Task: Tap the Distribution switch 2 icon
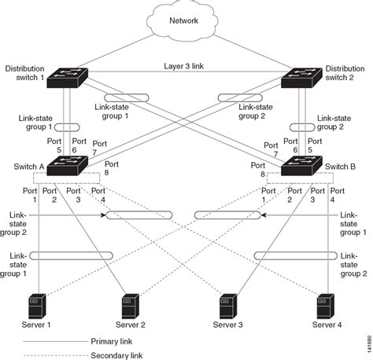point(305,78)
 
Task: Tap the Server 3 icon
point(227,302)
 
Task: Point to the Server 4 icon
point(323,302)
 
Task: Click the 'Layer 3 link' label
point(185,68)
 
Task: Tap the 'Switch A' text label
point(24,167)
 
